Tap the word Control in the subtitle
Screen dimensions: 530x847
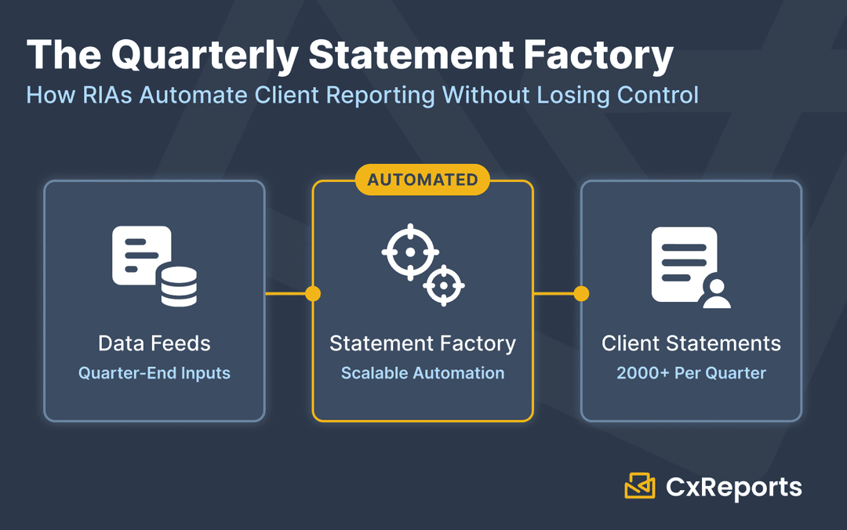(x=657, y=95)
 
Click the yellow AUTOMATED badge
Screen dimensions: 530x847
(x=423, y=180)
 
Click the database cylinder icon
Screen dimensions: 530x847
(x=179, y=285)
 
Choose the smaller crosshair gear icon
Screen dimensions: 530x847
(x=444, y=285)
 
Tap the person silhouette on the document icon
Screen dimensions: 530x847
(x=716, y=293)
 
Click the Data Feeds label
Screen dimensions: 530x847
(x=154, y=343)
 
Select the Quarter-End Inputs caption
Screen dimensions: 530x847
(x=154, y=373)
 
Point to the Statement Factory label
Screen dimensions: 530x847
(x=423, y=343)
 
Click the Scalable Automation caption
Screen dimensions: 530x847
(x=423, y=373)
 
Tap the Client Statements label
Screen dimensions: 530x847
(x=691, y=343)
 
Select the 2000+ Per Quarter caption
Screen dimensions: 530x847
(x=691, y=373)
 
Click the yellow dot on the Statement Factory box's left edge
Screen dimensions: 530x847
(x=313, y=294)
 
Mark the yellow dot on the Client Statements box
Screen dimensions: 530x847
(x=581, y=294)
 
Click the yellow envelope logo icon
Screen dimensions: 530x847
(x=639, y=486)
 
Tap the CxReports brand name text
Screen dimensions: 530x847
(x=733, y=488)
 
